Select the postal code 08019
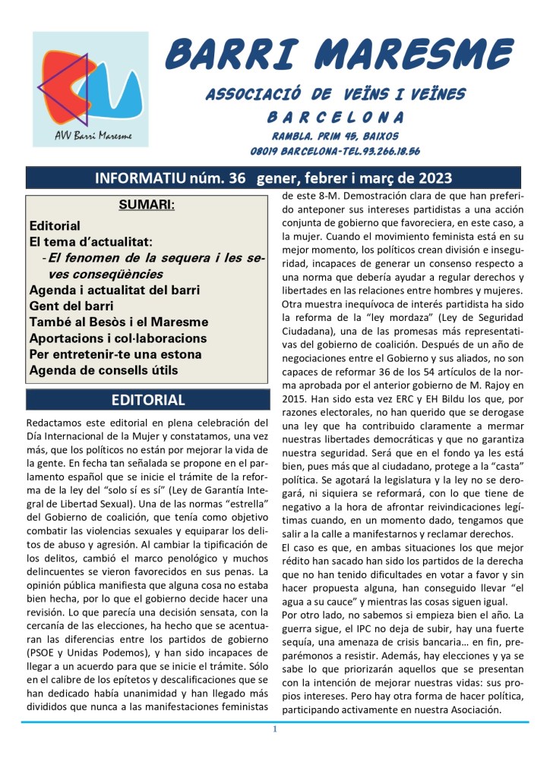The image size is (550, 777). point(267,151)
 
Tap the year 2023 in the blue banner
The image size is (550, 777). point(431,178)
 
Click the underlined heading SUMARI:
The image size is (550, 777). point(147,205)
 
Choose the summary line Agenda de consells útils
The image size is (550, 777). point(103,371)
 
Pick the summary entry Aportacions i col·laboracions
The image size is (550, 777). point(118,337)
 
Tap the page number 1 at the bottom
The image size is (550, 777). point(275,730)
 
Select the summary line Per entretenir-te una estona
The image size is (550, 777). point(115,354)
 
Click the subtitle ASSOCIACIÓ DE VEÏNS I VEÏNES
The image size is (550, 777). point(336,94)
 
